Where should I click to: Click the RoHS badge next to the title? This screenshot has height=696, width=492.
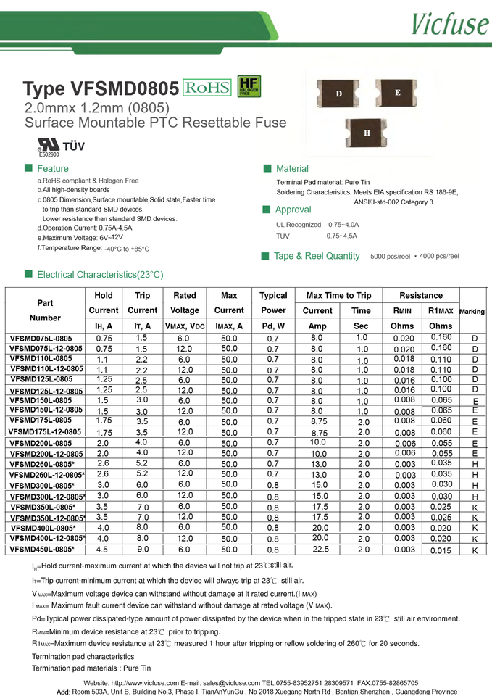point(207,88)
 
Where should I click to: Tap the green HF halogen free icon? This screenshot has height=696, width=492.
point(249,87)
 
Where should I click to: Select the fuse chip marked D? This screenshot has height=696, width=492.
point(338,94)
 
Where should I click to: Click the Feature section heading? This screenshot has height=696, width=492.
point(52,169)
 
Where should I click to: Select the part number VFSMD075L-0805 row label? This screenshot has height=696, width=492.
point(41,339)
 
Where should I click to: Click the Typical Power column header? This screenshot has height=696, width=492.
point(273,303)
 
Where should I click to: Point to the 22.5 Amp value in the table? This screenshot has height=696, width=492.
point(317,550)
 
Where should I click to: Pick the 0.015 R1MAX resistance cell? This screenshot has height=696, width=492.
point(441,550)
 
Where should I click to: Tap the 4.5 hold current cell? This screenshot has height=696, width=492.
point(103,550)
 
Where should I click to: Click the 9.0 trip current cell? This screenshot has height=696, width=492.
point(142,550)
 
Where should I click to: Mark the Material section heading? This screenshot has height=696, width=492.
point(292,169)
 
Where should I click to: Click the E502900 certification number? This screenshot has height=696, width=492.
point(49,154)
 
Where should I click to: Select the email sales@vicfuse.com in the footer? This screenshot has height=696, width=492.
point(226,683)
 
